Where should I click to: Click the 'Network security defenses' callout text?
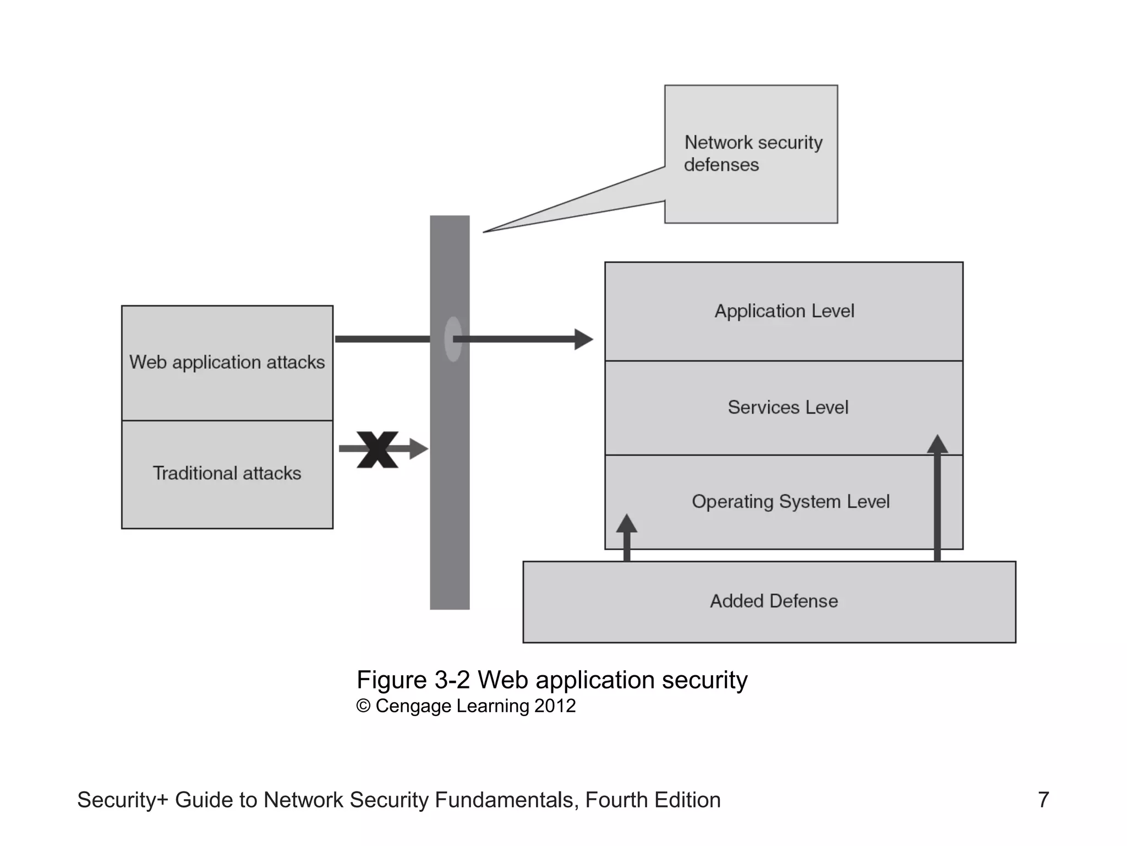(x=753, y=153)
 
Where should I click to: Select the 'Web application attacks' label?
(x=227, y=362)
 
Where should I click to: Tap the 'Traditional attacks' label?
(x=227, y=473)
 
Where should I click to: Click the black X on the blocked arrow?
(x=378, y=449)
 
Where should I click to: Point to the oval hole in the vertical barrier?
(x=452, y=339)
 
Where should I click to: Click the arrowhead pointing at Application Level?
(x=583, y=339)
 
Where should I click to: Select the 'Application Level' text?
(x=784, y=311)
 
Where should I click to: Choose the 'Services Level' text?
(x=787, y=408)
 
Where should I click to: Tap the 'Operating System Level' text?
(x=790, y=502)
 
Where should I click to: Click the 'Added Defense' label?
(x=774, y=601)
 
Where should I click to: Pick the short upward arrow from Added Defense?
(x=626, y=537)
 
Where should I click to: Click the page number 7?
(x=1043, y=800)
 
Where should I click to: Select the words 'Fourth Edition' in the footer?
(x=653, y=800)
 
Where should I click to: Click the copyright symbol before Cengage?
(x=363, y=706)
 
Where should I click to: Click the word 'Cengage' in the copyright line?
(x=413, y=706)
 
